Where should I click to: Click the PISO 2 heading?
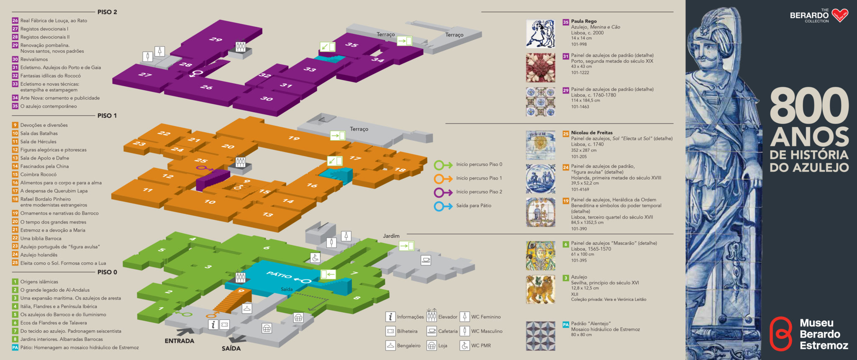click(107, 12)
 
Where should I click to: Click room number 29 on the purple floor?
click(216, 39)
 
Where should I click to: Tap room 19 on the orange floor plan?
click(294, 138)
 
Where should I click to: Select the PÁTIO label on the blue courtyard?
click(279, 275)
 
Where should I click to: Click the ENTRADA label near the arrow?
click(180, 341)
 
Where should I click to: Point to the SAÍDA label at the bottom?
click(231, 348)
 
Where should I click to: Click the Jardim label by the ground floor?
click(391, 236)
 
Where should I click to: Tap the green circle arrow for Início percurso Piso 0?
click(443, 165)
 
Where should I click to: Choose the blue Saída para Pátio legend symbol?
click(443, 206)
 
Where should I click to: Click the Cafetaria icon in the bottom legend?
click(431, 331)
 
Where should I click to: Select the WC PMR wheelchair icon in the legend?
click(464, 345)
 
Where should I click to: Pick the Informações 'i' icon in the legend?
click(390, 317)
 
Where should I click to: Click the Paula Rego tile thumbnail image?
click(541, 33)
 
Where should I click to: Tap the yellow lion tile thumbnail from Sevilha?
click(541, 289)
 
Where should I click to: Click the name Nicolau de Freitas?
click(592, 133)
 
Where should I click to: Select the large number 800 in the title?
click(809, 106)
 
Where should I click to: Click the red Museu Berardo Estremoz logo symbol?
click(781, 334)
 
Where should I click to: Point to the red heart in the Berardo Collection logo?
click(840, 15)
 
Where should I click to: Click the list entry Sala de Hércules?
click(38, 142)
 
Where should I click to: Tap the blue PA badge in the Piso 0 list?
click(15, 347)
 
